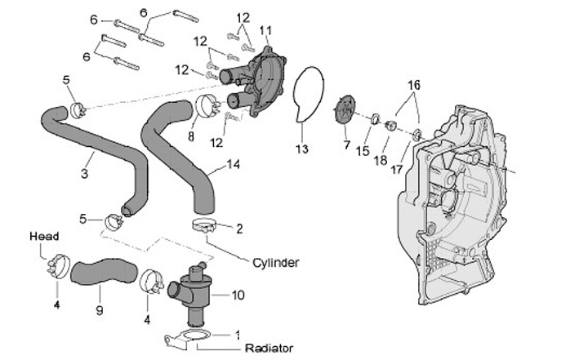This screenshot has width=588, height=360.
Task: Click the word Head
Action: (44, 236)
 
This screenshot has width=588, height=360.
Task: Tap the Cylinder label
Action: (275, 263)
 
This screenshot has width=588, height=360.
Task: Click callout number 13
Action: (302, 149)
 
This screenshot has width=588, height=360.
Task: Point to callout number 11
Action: (265, 30)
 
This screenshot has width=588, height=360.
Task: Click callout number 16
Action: (413, 84)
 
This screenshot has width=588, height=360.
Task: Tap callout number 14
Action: (234, 164)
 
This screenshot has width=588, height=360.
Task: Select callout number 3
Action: (84, 172)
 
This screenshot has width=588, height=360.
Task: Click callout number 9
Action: (100, 311)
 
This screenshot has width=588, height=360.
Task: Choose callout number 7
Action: (346, 144)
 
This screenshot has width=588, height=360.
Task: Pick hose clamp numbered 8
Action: (206, 106)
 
